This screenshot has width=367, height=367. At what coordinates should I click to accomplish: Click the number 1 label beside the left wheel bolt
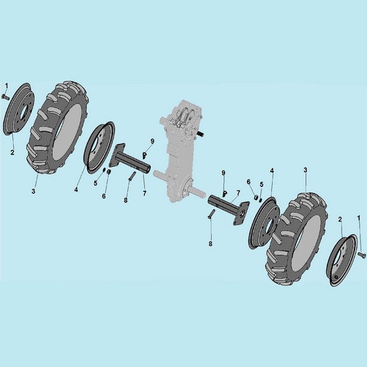click(6, 86)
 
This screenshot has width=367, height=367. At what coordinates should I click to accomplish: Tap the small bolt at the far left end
click(5, 97)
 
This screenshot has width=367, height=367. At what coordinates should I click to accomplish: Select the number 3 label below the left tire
click(33, 191)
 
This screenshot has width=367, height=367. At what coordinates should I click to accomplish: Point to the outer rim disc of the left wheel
click(19, 109)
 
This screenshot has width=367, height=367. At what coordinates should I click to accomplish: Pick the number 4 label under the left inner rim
click(76, 190)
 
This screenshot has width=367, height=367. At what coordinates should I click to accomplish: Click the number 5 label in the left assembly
click(96, 183)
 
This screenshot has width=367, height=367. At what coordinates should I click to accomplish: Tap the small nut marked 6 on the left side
click(109, 172)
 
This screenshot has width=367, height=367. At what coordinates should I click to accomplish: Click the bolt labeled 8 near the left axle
click(132, 176)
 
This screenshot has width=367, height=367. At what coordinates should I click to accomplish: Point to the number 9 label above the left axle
click(152, 141)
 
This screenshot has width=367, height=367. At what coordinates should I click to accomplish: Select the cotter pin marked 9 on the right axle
click(224, 193)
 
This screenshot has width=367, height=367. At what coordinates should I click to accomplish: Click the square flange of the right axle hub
click(241, 213)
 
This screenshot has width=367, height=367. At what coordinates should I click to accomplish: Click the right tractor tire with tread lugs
click(296, 239)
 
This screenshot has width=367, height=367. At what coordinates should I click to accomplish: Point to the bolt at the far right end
click(362, 254)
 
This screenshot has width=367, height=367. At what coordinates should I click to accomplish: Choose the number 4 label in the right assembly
click(271, 170)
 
